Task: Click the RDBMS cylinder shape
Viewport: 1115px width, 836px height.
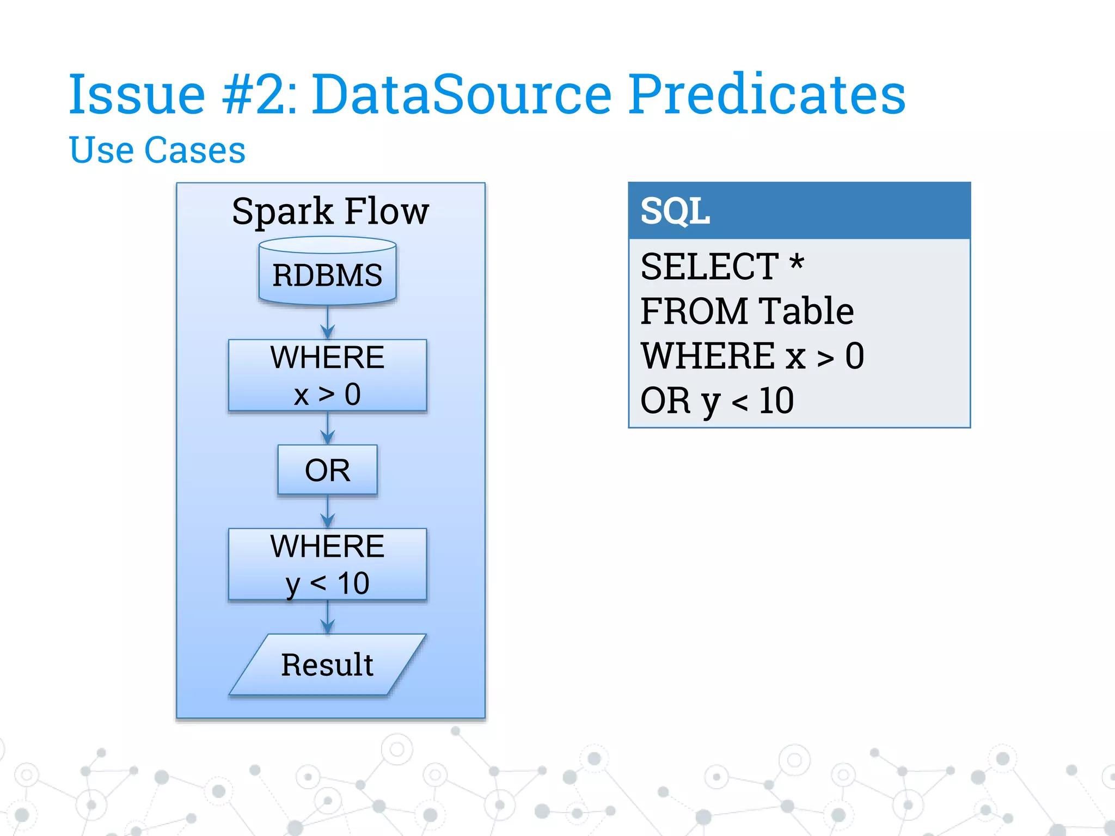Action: pyautogui.click(x=327, y=272)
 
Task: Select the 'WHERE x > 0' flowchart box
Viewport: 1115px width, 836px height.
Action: pyautogui.click(x=327, y=375)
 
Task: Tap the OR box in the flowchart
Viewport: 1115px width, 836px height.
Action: pyautogui.click(x=327, y=470)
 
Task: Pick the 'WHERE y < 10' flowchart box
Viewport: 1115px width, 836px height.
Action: pyautogui.click(x=327, y=564)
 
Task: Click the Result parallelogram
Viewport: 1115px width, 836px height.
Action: pyautogui.click(x=327, y=665)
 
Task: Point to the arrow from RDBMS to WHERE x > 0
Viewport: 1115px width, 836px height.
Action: pyautogui.click(x=327, y=322)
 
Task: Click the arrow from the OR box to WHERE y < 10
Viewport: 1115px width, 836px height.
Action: pyautogui.click(x=327, y=512)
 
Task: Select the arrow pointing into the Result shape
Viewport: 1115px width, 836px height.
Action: pyautogui.click(x=327, y=617)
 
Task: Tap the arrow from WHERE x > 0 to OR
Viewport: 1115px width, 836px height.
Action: pyautogui.click(x=327, y=428)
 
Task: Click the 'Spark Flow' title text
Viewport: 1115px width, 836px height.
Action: pyautogui.click(x=330, y=211)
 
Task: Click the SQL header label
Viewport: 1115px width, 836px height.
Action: pyautogui.click(x=675, y=211)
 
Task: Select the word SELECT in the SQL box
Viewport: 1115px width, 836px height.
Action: pyautogui.click(x=709, y=267)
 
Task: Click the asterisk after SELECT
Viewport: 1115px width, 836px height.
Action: pyautogui.click(x=797, y=263)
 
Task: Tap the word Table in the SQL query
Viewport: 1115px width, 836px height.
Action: pyautogui.click(x=806, y=311)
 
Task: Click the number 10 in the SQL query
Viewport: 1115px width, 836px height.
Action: pyautogui.click(x=776, y=401)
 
